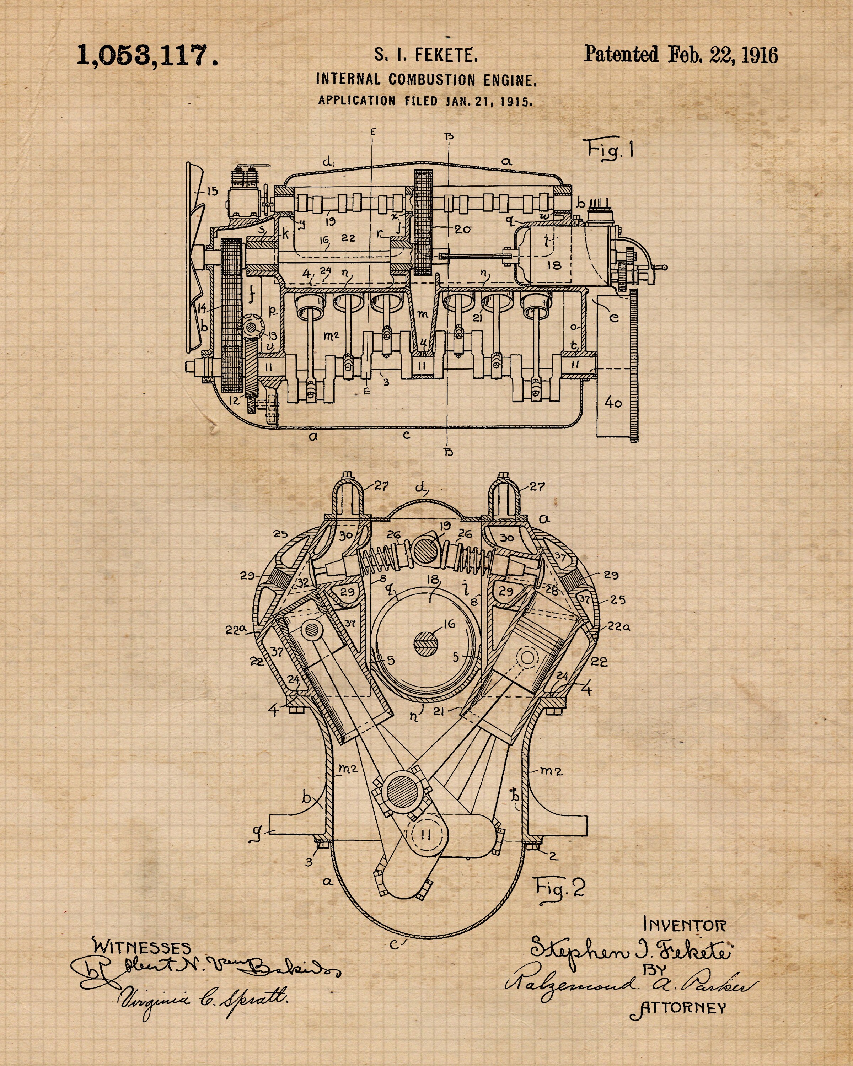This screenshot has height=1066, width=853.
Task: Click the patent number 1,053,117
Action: coord(147,55)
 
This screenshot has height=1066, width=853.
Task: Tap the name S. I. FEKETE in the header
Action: coord(426,55)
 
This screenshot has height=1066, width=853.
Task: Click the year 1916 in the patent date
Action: coord(760,54)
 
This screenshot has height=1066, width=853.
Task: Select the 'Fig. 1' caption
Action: coord(610,149)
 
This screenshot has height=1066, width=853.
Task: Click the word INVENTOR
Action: coord(685,924)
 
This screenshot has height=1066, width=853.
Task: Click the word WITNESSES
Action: coord(141,947)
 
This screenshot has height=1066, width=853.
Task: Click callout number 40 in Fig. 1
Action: coord(613,403)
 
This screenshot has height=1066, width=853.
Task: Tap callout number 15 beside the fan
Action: coord(213,191)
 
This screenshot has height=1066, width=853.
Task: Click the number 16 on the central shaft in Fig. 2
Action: coord(449,624)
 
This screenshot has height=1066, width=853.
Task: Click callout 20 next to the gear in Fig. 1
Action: coord(462,230)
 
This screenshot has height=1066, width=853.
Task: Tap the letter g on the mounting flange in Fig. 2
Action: coord(257,832)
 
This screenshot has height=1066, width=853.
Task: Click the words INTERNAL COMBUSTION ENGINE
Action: coord(426,80)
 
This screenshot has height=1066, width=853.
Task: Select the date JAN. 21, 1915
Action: coord(489,101)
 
